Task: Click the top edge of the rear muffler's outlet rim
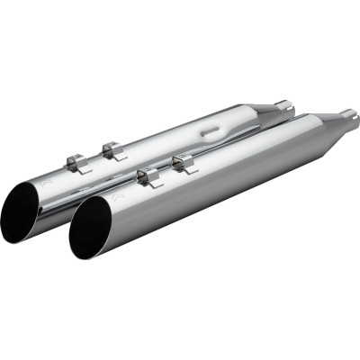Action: [x=40, y=178]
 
